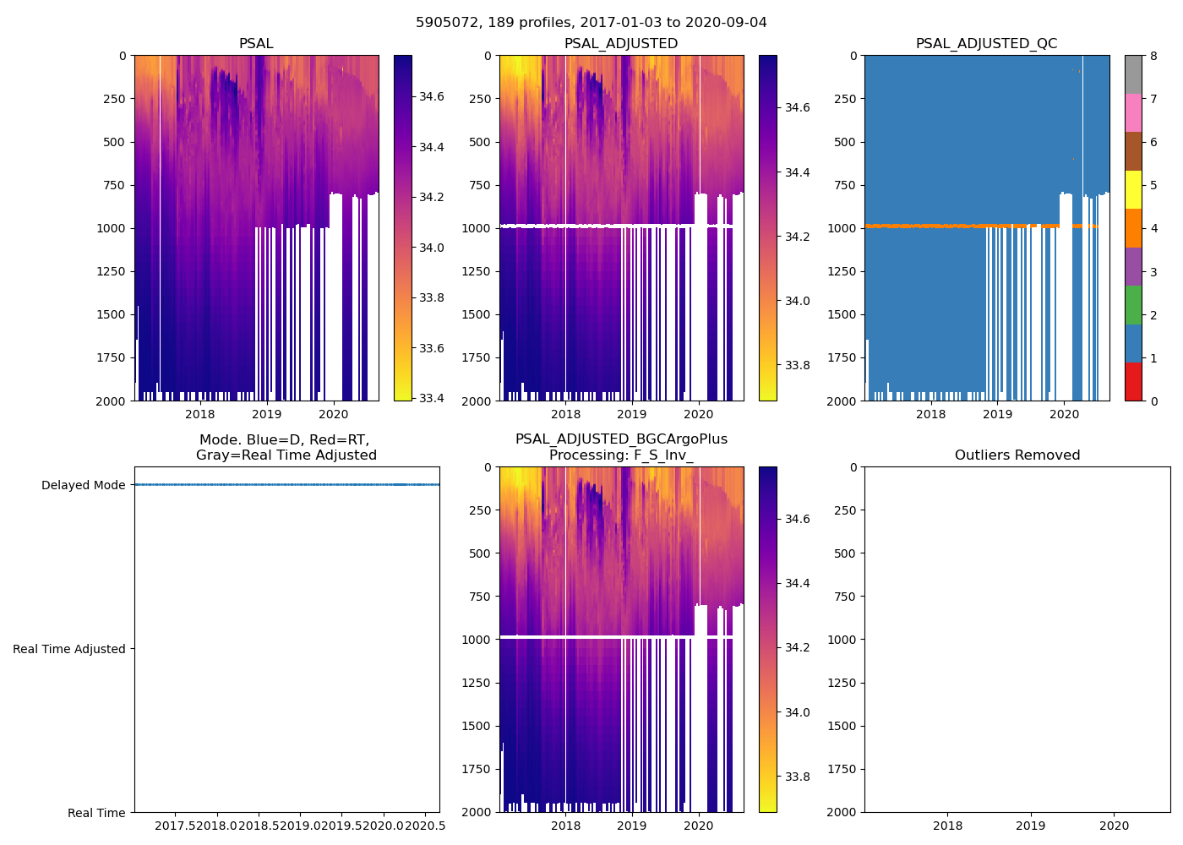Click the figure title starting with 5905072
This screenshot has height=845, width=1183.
pyautogui.click(x=591, y=23)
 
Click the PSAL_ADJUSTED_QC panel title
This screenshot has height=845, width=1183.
pyautogui.click(x=986, y=44)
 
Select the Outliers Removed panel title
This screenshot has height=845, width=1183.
pyautogui.click(x=1017, y=455)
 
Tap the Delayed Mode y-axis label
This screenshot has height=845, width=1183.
pyautogui.click(x=83, y=485)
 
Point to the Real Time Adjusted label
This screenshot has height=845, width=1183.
pyautogui.click(x=68, y=649)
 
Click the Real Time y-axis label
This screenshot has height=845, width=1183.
pyautogui.click(x=96, y=813)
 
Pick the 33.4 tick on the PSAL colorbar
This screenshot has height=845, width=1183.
pyautogui.click(x=432, y=398)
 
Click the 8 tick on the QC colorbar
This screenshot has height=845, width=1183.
pyautogui.click(x=1153, y=57)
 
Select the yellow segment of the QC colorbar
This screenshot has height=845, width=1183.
pyautogui.click(x=1133, y=189)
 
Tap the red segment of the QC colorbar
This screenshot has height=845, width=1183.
pyautogui.click(x=1133, y=381)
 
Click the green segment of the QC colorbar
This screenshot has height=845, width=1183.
pyautogui.click(x=1133, y=304)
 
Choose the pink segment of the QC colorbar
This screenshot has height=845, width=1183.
pyautogui.click(x=1133, y=112)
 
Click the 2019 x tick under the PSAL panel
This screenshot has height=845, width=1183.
pyautogui.click(x=266, y=414)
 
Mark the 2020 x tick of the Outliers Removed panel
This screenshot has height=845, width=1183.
pyautogui.click(x=1114, y=826)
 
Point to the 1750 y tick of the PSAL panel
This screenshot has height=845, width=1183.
pyautogui.click(x=112, y=357)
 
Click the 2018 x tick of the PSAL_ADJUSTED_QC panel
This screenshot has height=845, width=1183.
pyautogui.click(x=930, y=414)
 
